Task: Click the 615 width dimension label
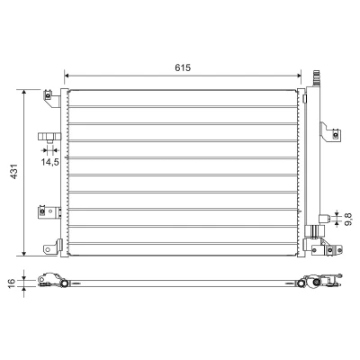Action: click(183, 67)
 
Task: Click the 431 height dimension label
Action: click(14, 172)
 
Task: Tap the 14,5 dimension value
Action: click(50, 162)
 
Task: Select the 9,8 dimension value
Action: click(347, 220)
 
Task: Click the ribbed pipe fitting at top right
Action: click(316, 78)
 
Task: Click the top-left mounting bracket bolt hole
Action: click(48, 96)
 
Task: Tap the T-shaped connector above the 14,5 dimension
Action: click(49, 137)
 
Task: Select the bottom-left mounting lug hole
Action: click(47, 249)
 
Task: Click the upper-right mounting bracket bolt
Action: click(336, 135)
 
